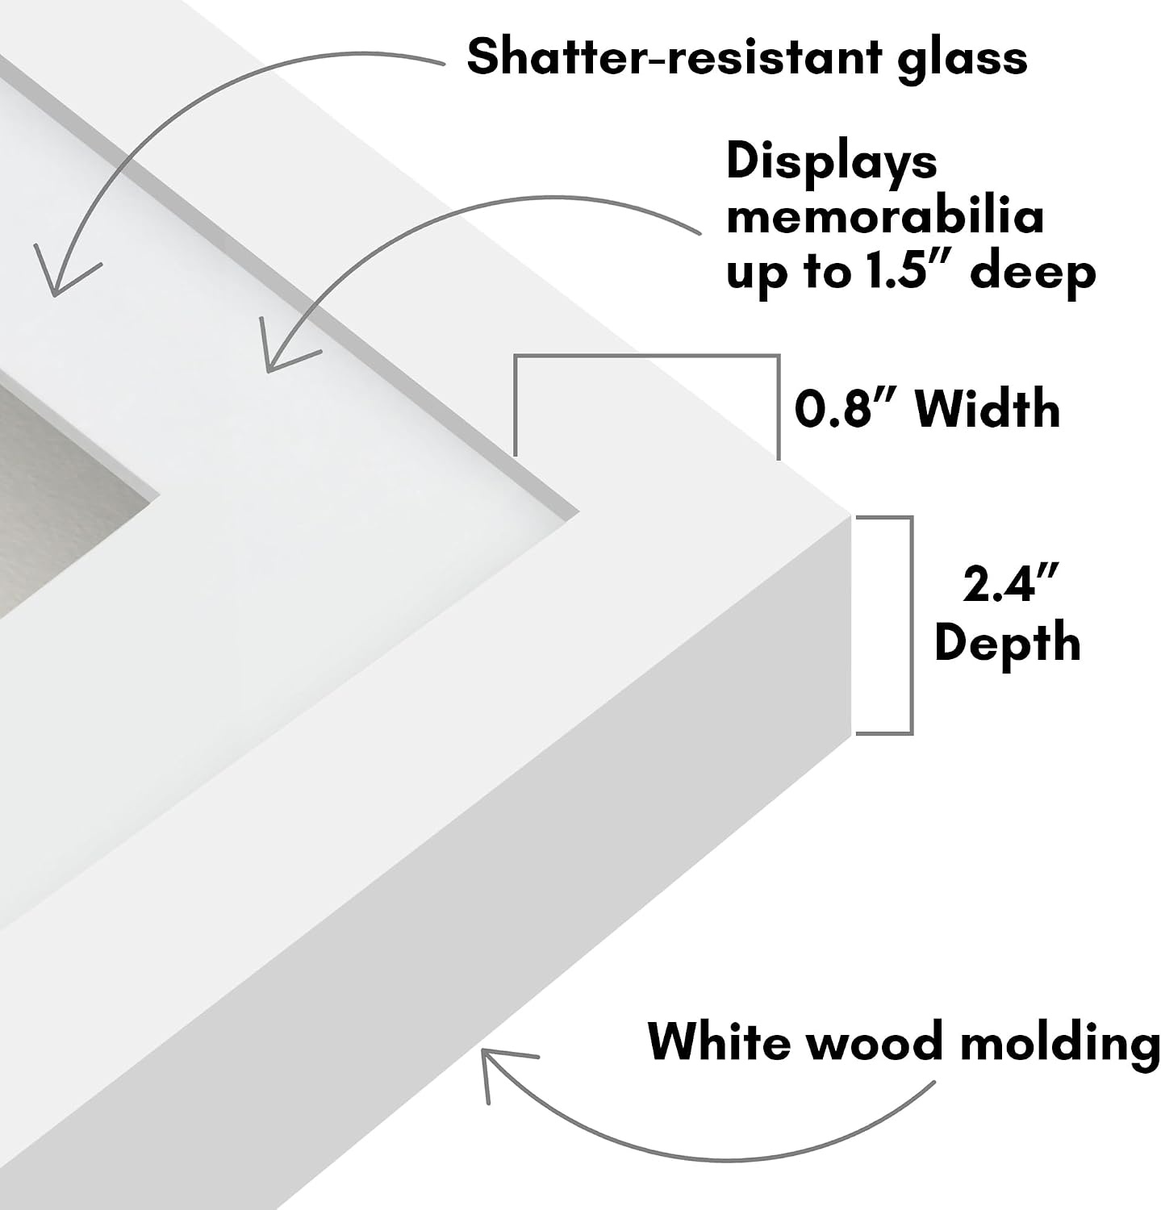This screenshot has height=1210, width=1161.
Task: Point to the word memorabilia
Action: coord(885,216)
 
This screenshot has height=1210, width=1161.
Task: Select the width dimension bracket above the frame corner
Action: coord(646,355)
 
